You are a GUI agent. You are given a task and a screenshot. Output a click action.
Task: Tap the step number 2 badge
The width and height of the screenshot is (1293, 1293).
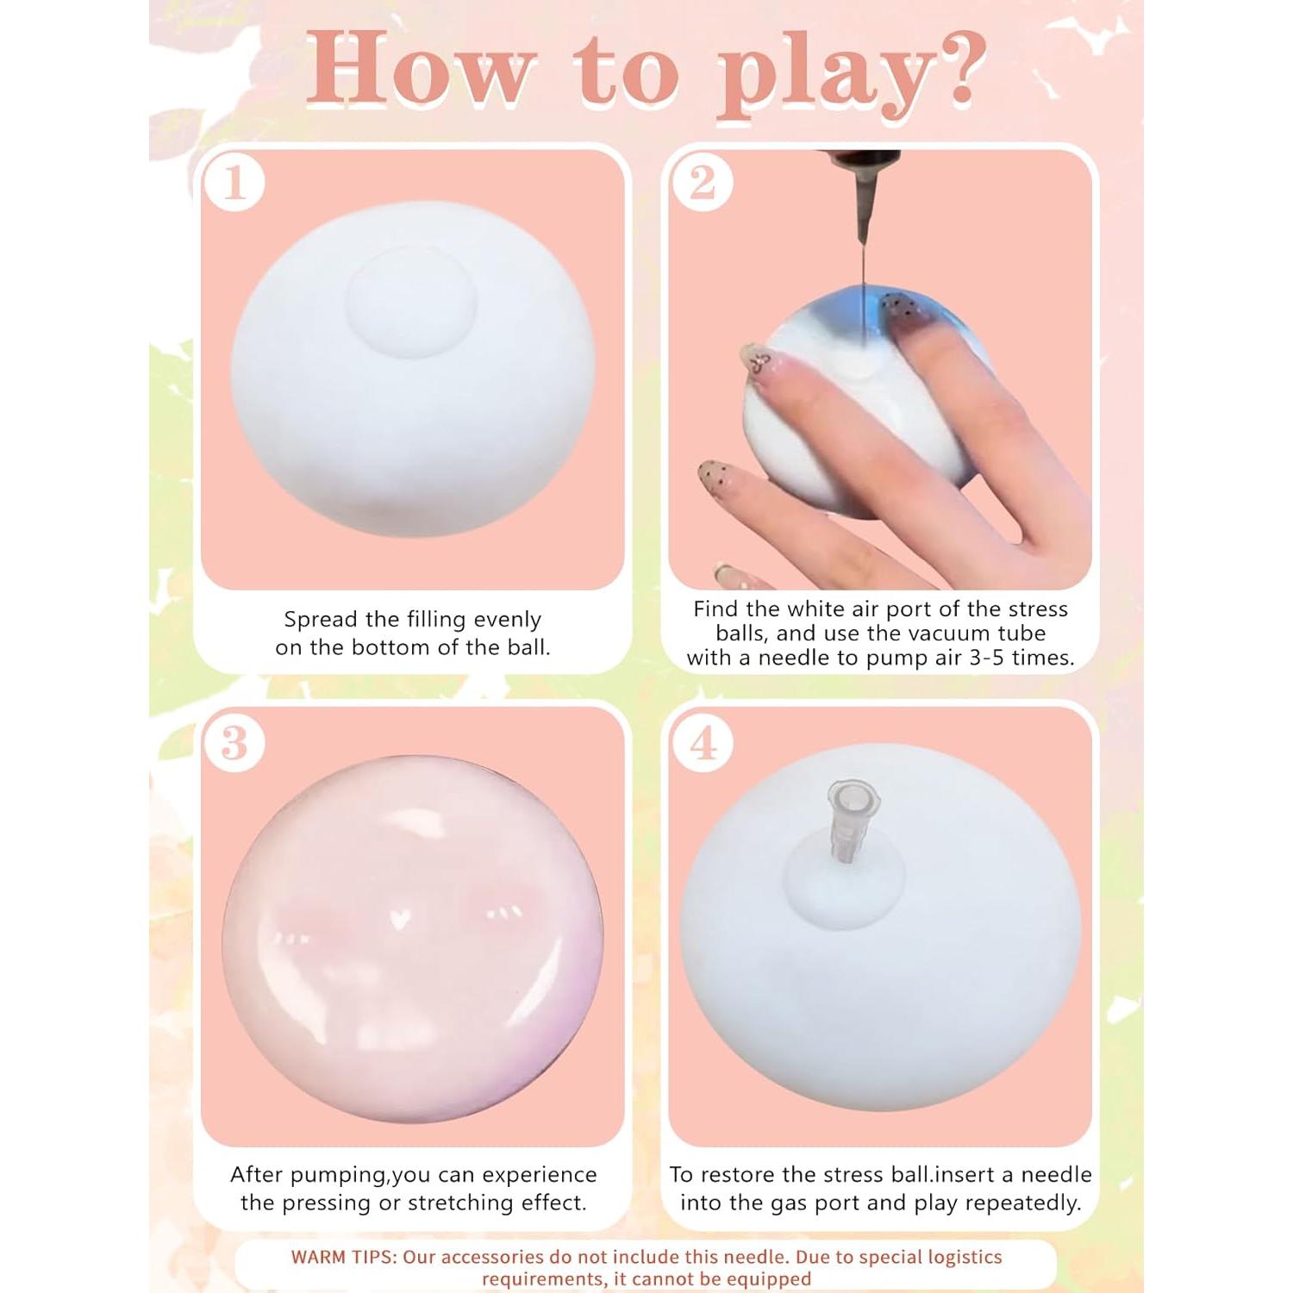pyautogui.click(x=703, y=183)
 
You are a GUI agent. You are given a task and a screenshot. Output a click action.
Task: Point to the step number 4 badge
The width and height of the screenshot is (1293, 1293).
pyautogui.click(x=703, y=743)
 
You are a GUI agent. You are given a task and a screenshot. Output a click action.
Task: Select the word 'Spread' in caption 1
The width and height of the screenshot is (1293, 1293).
pyautogui.click(x=322, y=620)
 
